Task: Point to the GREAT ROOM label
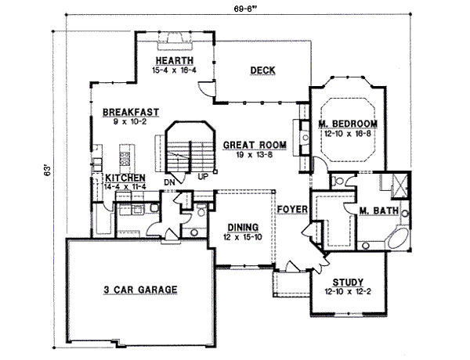252,146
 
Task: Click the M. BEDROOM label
348,124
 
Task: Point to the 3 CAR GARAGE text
141,289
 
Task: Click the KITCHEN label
124,178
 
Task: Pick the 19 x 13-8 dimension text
252,156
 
